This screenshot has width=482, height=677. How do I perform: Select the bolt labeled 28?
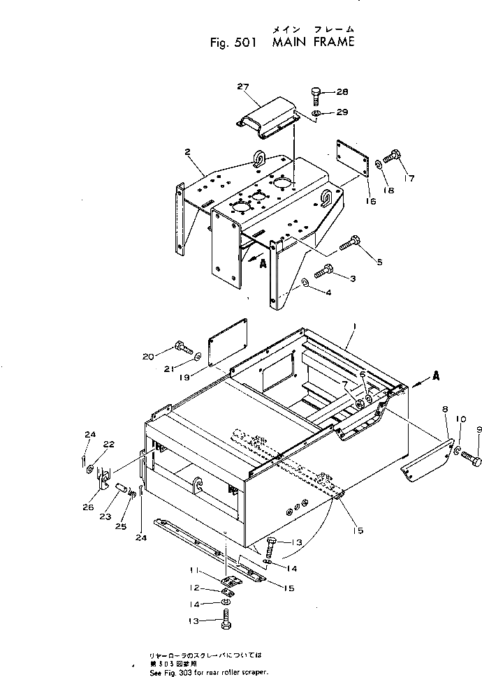click(x=314, y=94)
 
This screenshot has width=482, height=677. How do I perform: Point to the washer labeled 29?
click(x=316, y=112)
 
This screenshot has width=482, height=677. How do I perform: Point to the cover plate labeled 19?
click(x=228, y=341)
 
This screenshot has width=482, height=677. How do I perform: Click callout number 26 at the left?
click(x=89, y=489)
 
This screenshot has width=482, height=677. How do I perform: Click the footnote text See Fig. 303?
click(x=208, y=672)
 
